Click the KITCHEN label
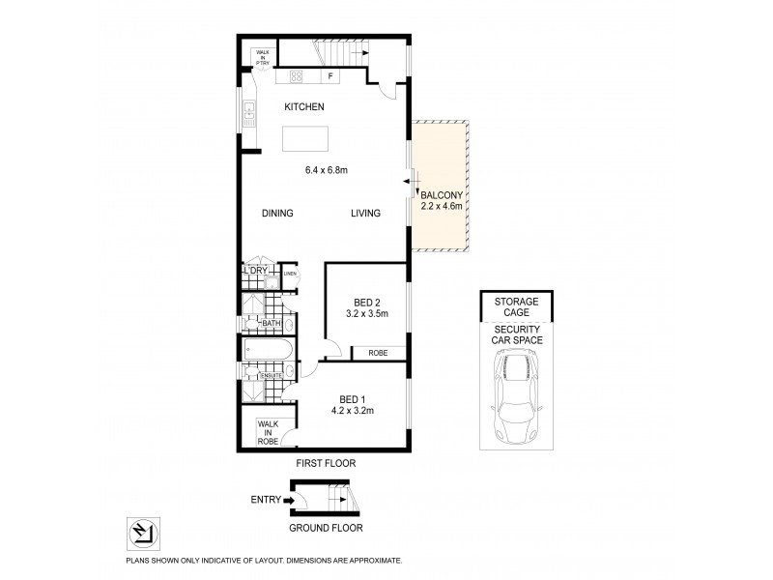click(303, 106)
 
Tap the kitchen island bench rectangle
click(305, 139)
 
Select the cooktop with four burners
click(296, 75)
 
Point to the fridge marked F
click(330, 75)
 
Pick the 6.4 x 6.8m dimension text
click(326, 171)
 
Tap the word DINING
click(277, 214)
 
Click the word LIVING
click(365, 214)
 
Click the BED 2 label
click(367, 303)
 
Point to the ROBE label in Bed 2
click(377, 354)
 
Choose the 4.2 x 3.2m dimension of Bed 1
click(356, 411)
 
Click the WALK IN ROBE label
click(267, 432)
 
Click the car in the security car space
click(518, 393)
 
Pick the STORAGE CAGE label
click(518, 307)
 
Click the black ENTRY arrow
click(288, 500)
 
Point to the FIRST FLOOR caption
click(326, 464)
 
